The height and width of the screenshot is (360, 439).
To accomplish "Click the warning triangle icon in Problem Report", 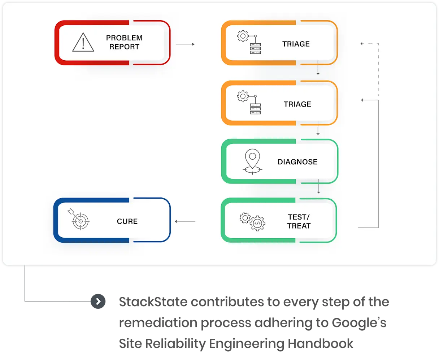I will pyautogui.click(x=83, y=42).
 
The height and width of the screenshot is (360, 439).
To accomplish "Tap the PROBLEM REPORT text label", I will pyautogui.click(x=124, y=42).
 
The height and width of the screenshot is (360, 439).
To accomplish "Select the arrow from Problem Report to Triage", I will pyautogui.click(x=185, y=44).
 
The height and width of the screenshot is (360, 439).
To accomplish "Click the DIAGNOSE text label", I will pyautogui.click(x=297, y=162).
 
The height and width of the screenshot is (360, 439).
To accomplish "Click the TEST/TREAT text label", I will pyautogui.click(x=299, y=221).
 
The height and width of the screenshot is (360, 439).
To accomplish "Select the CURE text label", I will pyautogui.click(x=127, y=221).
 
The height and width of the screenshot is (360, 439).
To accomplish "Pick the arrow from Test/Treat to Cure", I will pyautogui.click(x=185, y=221).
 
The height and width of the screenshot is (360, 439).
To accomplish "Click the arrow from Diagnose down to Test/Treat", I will pyautogui.click(x=318, y=186).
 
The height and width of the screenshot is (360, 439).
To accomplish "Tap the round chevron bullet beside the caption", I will pyautogui.click(x=98, y=301).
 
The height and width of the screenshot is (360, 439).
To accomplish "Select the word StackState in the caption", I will pyautogui.click(x=153, y=302).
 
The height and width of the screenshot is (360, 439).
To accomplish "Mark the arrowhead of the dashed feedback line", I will pyautogui.click(x=362, y=44).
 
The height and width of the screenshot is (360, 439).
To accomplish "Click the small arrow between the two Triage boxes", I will pyautogui.click(x=318, y=69).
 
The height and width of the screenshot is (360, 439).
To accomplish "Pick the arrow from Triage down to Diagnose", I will pyautogui.click(x=318, y=129).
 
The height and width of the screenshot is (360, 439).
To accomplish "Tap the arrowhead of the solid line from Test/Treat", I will pyautogui.click(x=362, y=100).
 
